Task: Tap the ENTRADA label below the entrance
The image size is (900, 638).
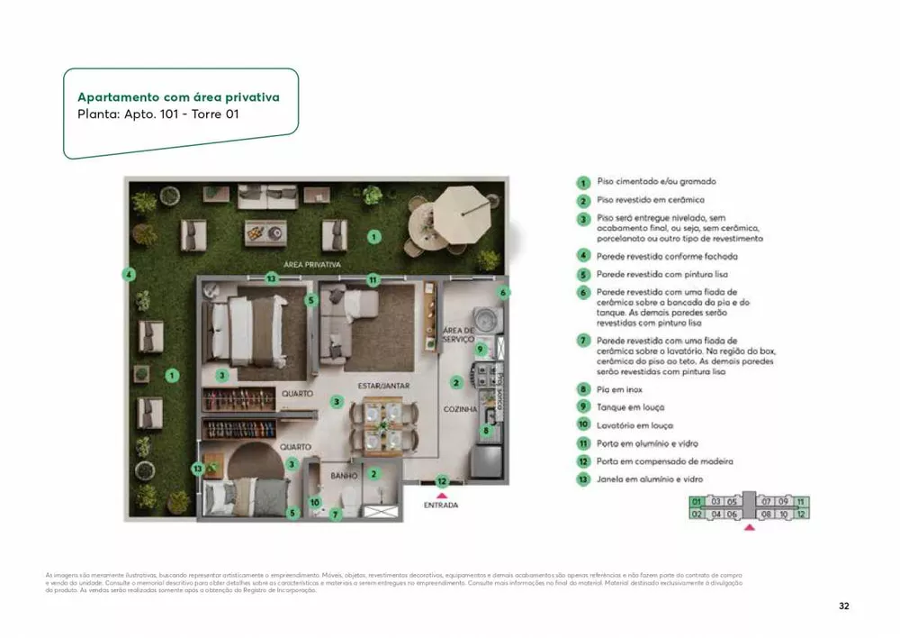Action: click(441, 506)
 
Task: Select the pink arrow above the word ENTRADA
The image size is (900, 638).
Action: click(441, 494)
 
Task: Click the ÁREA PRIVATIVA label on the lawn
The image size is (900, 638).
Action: click(311, 265)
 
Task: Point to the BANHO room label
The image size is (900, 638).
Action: click(344, 475)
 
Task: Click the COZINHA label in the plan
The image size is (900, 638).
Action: click(460, 408)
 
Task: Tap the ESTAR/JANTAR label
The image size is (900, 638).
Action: click(383, 386)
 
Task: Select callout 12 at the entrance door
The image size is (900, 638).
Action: click(442, 481)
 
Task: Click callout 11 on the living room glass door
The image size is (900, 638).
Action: click(373, 280)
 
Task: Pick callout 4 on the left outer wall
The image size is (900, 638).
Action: click(130, 275)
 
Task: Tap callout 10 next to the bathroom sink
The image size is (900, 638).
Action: click(315, 502)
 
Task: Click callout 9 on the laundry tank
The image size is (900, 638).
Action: click(481, 350)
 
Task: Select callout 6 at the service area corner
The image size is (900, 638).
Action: click(505, 292)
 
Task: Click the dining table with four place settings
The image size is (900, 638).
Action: click(384, 426)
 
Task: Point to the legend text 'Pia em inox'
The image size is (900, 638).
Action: click(620, 389)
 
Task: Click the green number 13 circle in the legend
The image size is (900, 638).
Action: click(583, 479)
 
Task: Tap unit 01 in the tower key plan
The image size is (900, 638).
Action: click(696, 501)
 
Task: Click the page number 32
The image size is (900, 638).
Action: click(843, 606)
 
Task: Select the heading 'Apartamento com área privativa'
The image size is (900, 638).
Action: click(178, 97)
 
